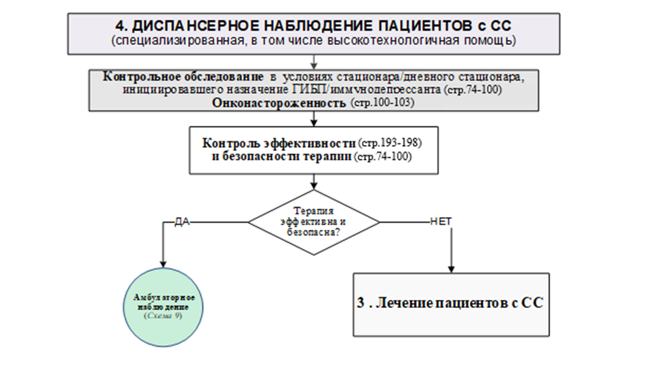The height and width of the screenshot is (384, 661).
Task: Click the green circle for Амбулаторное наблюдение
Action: point(163,307)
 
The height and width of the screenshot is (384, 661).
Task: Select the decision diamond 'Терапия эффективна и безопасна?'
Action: point(313,222)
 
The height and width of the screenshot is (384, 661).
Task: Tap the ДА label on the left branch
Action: point(181,221)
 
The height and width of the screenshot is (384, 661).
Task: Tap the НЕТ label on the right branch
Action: point(441,221)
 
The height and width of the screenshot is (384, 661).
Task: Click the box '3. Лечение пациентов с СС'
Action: point(451,304)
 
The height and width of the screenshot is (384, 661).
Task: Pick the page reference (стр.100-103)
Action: point(382,103)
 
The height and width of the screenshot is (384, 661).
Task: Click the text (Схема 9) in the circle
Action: point(163,316)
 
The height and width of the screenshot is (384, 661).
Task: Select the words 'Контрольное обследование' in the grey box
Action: point(183,76)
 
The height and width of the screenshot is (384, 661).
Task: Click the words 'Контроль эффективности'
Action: point(279,144)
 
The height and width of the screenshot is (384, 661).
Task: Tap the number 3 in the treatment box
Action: point(361,304)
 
